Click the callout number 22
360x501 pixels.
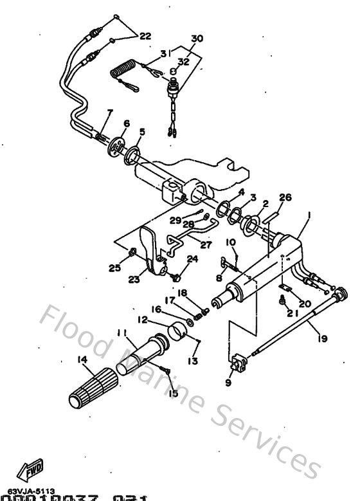(x=145, y=36)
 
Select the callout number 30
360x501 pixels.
(x=197, y=39)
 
